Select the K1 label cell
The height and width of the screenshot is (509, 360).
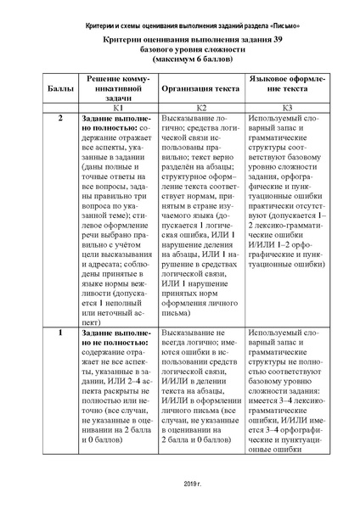(x=120, y=109)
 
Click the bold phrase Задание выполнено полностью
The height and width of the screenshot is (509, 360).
(x=118, y=123)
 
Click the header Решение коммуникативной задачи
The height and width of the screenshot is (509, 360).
(x=120, y=88)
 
